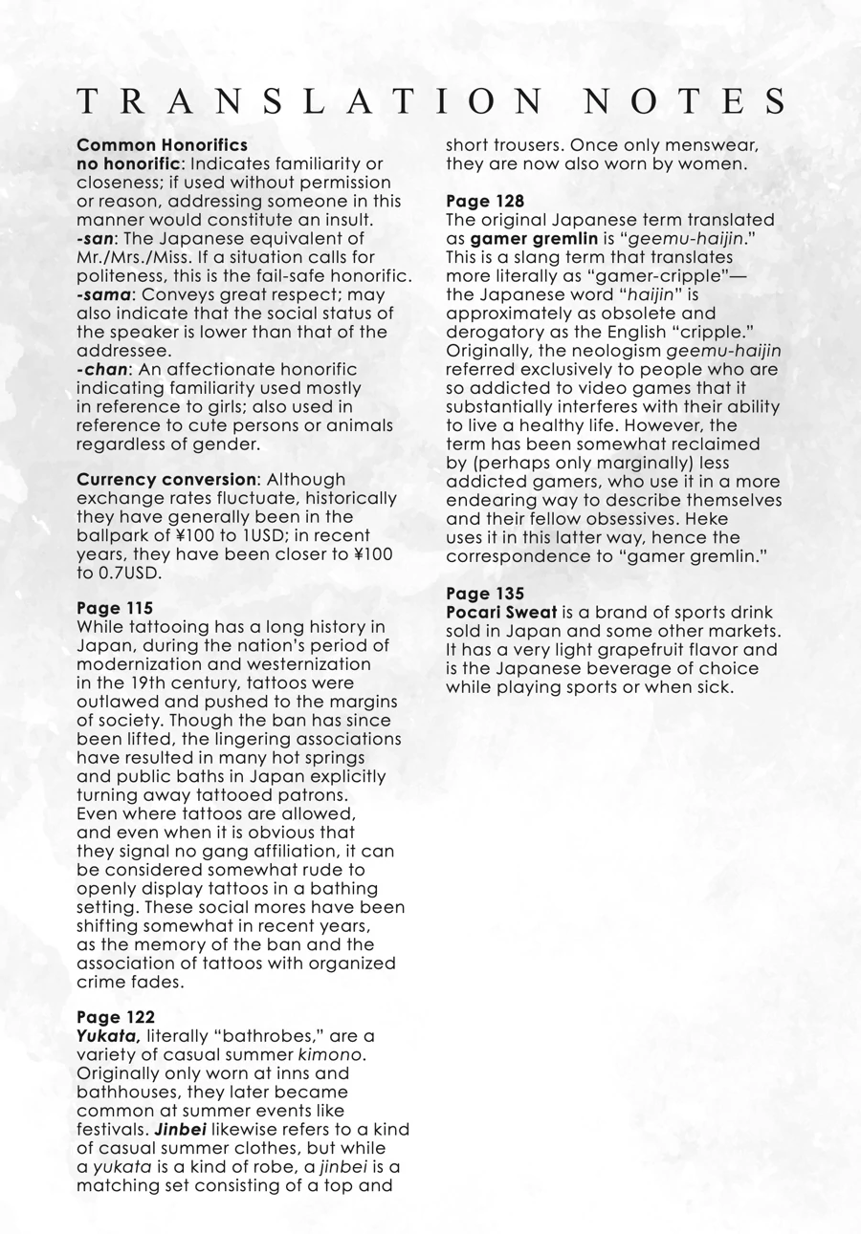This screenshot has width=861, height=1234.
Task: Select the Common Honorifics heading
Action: (x=162, y=145)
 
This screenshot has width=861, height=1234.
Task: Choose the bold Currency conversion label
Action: (x=166, y=480)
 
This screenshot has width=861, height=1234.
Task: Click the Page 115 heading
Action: (x=115, y=608)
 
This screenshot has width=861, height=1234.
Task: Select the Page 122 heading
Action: (x=116, y=1017)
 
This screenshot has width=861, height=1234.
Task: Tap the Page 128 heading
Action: (x=485, y=202)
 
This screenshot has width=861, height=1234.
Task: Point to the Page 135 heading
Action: (x=485, y=594)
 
